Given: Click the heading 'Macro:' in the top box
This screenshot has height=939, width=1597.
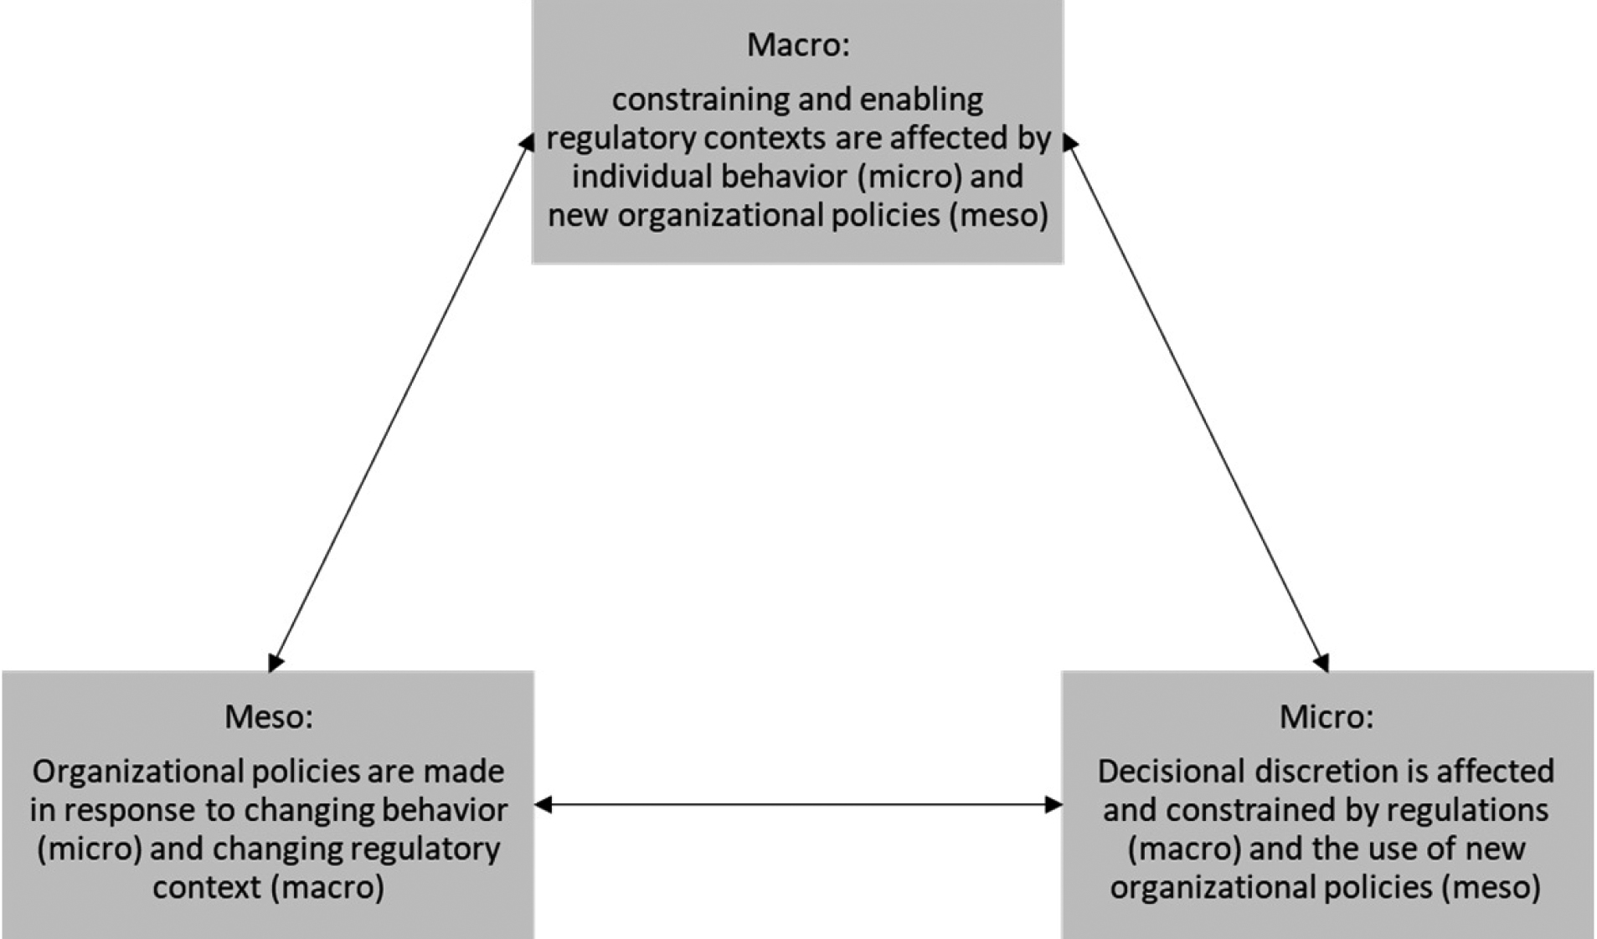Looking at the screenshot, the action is tap(797, 45).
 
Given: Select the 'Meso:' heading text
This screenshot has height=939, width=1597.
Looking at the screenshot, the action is tap(268, 717).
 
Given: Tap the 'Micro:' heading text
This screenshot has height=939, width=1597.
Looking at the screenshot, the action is tap(1327, 717).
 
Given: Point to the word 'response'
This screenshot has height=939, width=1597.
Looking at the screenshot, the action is tap(129, 811).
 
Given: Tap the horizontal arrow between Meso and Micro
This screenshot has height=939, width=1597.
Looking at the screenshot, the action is tap(798, 805).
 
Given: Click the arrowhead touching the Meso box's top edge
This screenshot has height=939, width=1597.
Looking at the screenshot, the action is tap(276, 663).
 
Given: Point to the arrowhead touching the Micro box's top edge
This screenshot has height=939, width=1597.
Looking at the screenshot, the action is tap(1321, 663).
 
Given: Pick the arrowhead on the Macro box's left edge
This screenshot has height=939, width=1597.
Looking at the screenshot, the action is tap(527, 142).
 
